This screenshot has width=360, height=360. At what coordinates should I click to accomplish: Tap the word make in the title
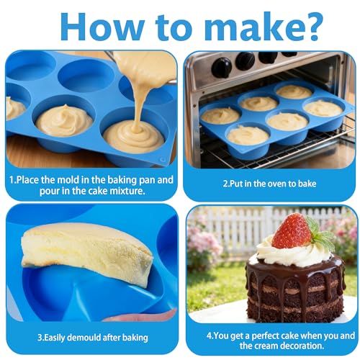point(250,26)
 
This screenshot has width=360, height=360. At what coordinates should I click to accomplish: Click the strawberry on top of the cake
point(292,231)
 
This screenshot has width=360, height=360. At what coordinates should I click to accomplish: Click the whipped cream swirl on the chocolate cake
point(294,253)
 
